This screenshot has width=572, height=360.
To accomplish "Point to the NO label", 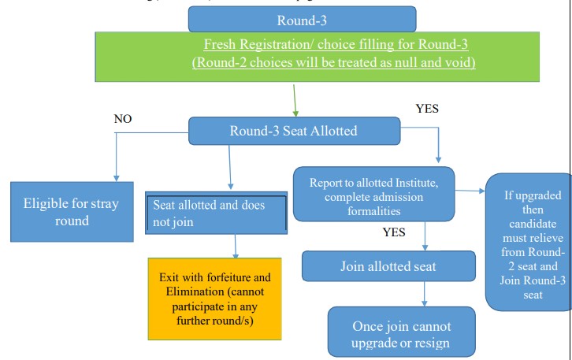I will tap(122, 119).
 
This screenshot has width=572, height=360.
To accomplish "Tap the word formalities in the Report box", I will tap(374, 212).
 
